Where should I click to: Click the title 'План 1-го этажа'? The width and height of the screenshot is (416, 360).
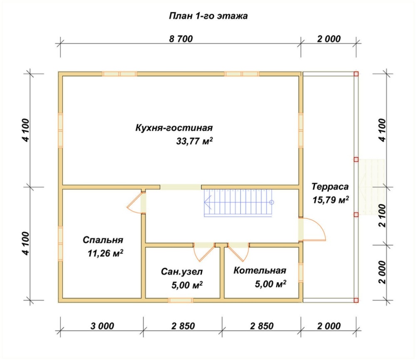click(x=208, y=16)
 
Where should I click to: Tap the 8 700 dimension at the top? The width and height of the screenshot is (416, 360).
click(x=181, y=39)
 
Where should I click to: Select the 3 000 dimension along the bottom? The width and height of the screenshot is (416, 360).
click(x=102, y=326)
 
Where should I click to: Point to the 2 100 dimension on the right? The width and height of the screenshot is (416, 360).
click(x=382, y=215)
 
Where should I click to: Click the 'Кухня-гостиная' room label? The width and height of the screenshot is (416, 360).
click(x=174, y=128)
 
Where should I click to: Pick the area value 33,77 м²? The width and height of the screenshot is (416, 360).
click(x=194, y=141)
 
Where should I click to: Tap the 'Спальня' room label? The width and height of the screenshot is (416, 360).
click(x=103, y=240)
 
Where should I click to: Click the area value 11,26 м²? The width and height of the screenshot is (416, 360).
click(x=105, y=253)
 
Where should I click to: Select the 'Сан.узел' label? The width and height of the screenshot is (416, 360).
click(x=182, y=272)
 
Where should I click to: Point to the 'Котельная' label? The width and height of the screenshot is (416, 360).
click(x=260, y=270)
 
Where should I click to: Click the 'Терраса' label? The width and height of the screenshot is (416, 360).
click(x=330, y=186)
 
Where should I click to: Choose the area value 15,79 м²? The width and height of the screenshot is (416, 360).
click(x=331, y=200)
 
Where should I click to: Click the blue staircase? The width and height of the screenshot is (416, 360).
click(x=239, y=203)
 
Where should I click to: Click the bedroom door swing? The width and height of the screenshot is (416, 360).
click(x=133, y=203)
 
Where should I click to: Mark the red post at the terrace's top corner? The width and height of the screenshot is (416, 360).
click(x=356, y=74)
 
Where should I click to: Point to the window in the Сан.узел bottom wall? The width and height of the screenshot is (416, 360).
click(x=181, y=300)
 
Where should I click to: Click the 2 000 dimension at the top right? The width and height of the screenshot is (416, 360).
click(x=329, y=39)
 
